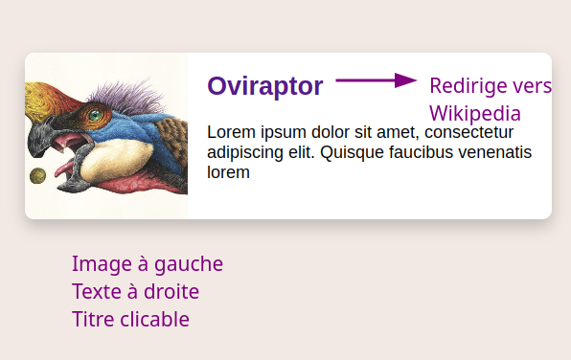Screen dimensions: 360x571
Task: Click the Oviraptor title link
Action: [265, 86]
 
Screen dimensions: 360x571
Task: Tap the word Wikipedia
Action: [475, 113]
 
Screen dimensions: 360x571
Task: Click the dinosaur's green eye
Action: [94, 116]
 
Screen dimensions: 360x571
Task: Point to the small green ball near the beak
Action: [38, 175]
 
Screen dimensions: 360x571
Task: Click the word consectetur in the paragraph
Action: [468, 132]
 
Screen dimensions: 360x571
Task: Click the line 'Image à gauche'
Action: [148, 264]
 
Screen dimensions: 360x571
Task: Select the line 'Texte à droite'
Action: [135, 292]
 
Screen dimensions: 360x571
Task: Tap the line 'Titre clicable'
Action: [130, 320]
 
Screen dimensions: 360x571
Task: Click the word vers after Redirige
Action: [533, 86]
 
